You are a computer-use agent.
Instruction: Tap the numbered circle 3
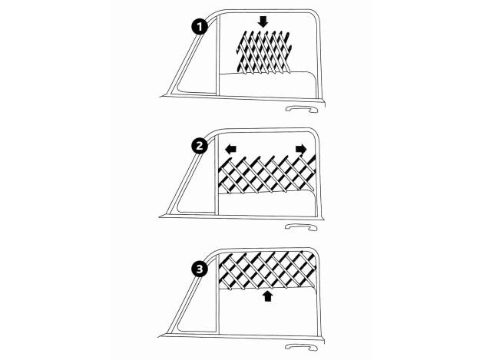(200, 269)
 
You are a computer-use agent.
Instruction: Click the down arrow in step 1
(263, 21)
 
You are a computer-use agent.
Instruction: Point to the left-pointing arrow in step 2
(230, 148)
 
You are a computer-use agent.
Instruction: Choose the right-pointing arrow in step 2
(300, 148)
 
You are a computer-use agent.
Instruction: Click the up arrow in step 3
(267, 296)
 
